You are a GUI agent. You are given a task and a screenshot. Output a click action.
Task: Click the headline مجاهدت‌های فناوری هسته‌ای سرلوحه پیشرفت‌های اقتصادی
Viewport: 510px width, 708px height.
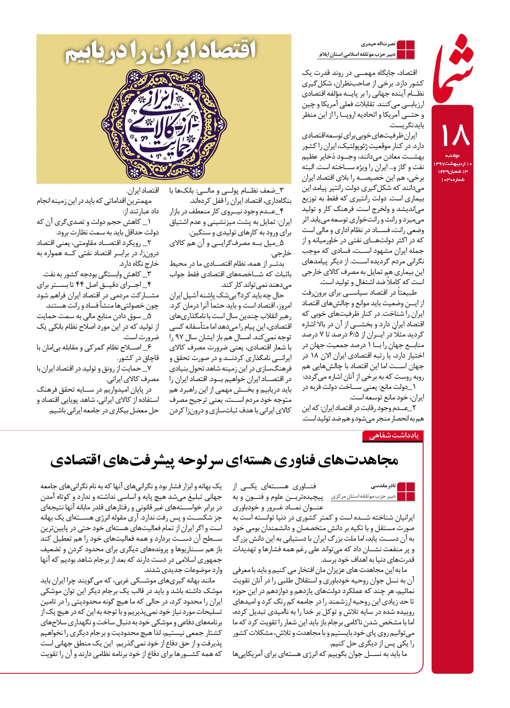click(x=224, y=461)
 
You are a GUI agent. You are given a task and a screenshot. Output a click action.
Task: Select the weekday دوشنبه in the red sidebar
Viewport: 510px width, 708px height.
click(x=453, y=155)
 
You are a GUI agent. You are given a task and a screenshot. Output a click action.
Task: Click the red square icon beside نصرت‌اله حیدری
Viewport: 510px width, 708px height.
click(x=406, y=49)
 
